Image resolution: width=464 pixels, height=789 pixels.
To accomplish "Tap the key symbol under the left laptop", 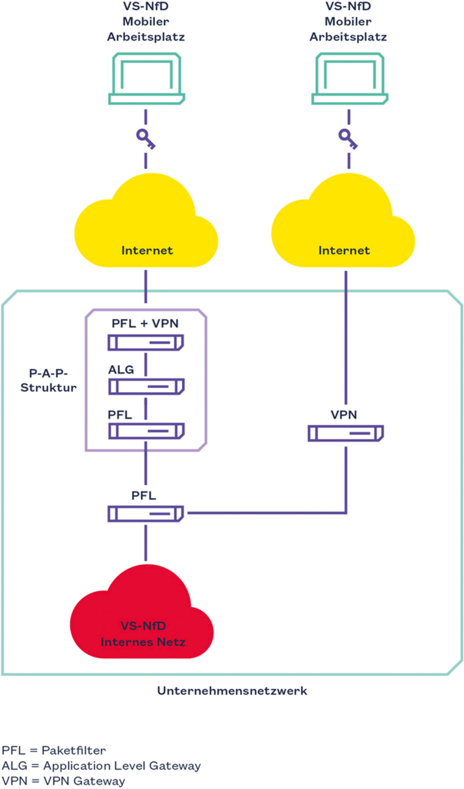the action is point(145,139).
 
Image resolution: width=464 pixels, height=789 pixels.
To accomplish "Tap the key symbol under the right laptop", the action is point(348,139).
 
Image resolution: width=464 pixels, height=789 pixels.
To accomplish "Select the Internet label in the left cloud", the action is point(147,250).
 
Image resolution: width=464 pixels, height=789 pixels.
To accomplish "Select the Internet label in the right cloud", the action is point(344,250).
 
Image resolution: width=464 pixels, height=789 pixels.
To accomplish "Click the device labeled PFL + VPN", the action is point(146,342).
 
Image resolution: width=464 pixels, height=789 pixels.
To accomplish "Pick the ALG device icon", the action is point(146,387).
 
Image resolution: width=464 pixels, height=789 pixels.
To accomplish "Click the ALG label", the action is point(121,370).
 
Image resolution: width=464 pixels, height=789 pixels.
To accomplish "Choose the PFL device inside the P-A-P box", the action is point(146,431).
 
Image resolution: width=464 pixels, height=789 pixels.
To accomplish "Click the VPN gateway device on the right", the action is point(345,433).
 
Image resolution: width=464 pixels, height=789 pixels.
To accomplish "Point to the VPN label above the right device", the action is point(344,415).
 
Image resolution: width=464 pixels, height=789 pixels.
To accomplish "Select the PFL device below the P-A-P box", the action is point(146,514).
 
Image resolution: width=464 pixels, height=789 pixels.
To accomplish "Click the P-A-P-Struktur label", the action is point(48,380).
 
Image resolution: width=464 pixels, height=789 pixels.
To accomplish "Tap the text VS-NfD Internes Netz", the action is point(143,634).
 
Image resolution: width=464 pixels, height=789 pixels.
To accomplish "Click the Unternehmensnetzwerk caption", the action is point(232,690).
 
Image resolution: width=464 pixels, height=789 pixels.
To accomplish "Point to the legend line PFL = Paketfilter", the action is point(54,750).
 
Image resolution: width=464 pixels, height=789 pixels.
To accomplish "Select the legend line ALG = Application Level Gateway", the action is point(101,765).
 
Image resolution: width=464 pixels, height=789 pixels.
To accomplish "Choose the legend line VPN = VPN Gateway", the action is point(63,781).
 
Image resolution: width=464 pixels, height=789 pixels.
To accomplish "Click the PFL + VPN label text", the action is point(145,323).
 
